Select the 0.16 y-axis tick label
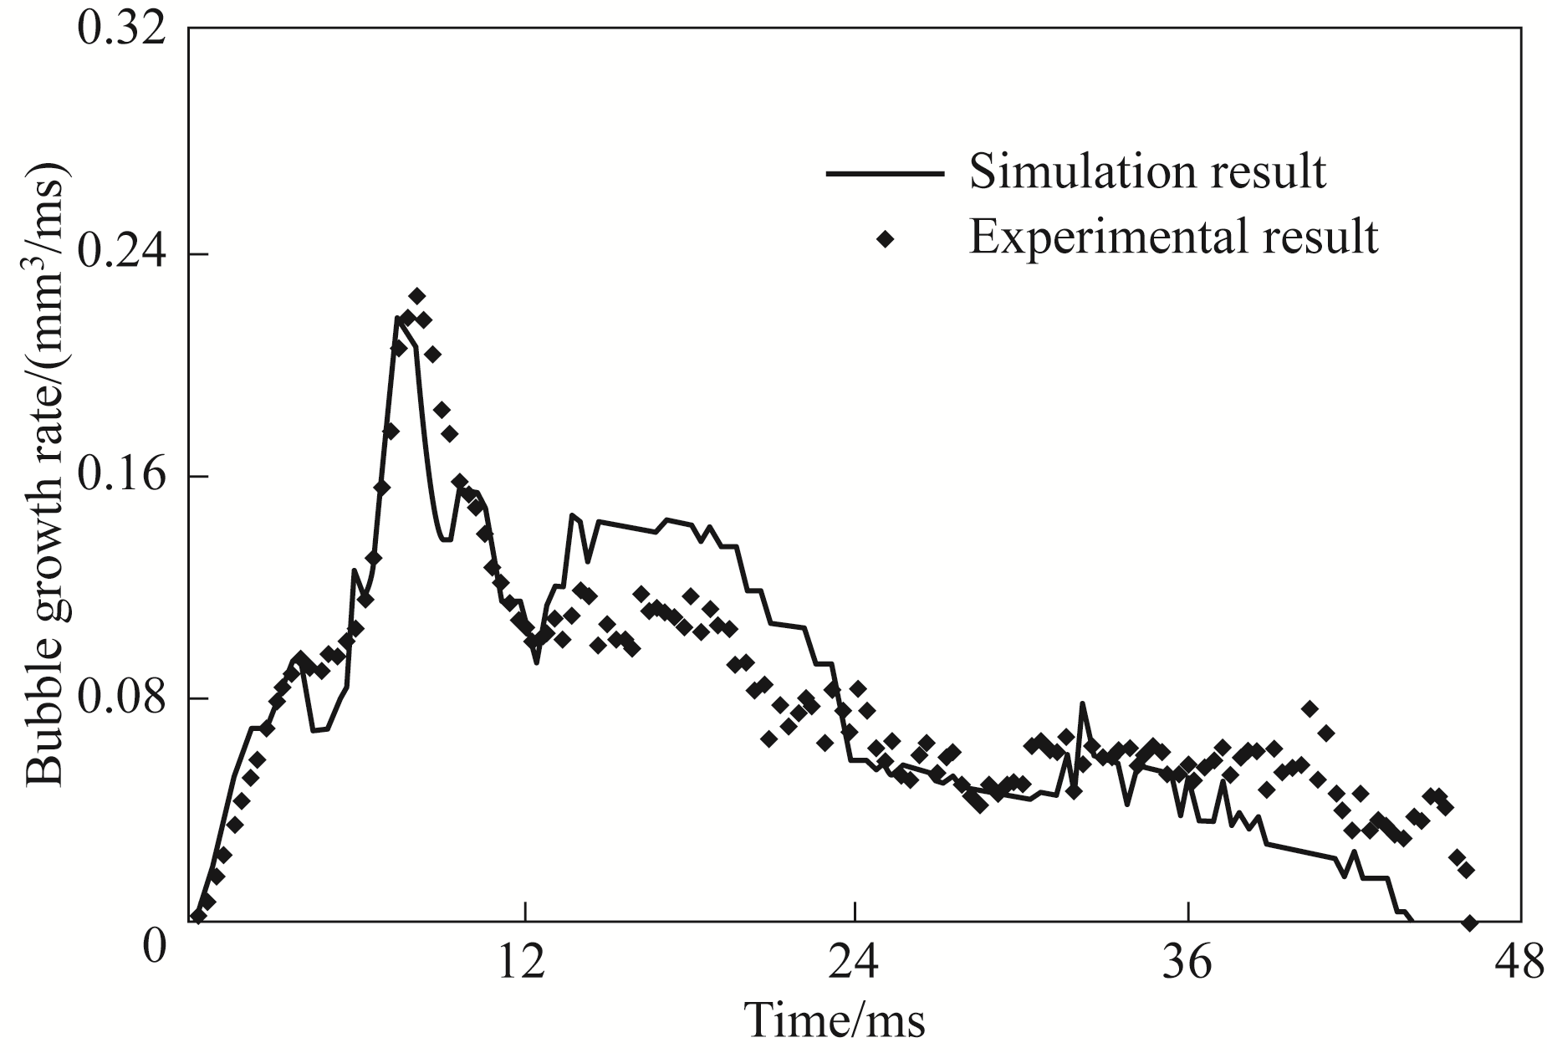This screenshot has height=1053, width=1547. (x=121, y=474)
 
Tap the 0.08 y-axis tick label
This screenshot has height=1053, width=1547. (x=121, y=697)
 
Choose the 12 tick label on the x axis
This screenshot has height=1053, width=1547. (x=525, y=964)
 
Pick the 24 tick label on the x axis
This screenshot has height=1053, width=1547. (x=855, y=964)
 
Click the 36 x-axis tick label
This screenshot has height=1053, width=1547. (x=1187, y=964)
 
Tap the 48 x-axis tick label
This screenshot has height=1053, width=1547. (x=1518, y=964)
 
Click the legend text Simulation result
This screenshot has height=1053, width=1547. (x=1147, y=171)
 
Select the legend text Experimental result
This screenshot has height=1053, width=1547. (x=1173, y=237)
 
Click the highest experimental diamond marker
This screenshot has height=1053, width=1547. (x=417, y=296)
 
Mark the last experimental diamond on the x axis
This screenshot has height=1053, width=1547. (x=1469, y=923)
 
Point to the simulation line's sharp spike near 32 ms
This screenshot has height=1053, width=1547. (x=1082, y=704)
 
